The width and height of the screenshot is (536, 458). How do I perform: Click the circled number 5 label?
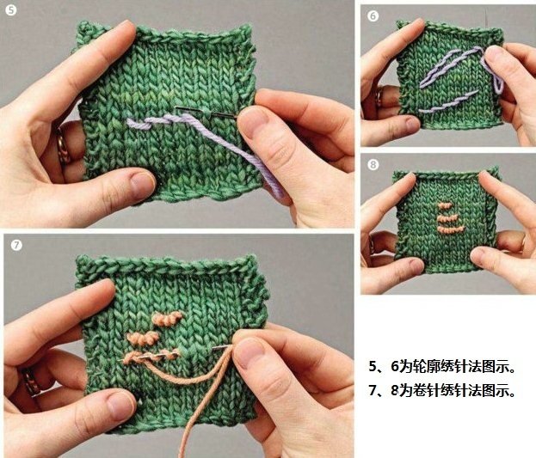10,10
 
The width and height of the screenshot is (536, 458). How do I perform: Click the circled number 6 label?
373,16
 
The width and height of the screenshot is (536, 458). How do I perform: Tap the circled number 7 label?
16,245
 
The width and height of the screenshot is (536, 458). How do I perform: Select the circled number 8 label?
373,165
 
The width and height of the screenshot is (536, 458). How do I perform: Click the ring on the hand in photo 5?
63,144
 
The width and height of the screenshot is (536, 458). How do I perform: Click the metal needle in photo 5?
206,113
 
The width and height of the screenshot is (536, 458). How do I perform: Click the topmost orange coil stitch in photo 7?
167,319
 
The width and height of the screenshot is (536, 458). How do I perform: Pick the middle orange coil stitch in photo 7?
143,338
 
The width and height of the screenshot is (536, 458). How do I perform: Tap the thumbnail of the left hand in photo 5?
141,186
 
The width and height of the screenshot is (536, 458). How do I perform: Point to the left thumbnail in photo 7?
120,406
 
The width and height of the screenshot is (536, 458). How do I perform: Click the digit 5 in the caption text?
373,366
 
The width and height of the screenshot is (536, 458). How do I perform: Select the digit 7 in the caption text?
373,390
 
